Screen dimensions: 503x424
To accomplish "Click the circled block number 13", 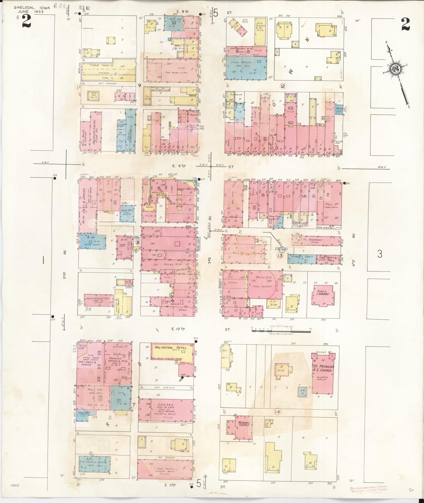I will (280, 255).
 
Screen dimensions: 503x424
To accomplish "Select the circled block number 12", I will (283, 86).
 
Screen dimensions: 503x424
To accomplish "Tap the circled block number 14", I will (277, 411).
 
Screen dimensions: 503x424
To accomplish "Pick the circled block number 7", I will (134, 405).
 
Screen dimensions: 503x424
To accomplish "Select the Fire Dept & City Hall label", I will (327, 258).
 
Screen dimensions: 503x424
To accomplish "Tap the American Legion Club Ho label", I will (95, 130).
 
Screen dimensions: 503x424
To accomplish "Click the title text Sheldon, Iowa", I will (29, 8).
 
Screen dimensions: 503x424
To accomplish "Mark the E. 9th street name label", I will (179, 166).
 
